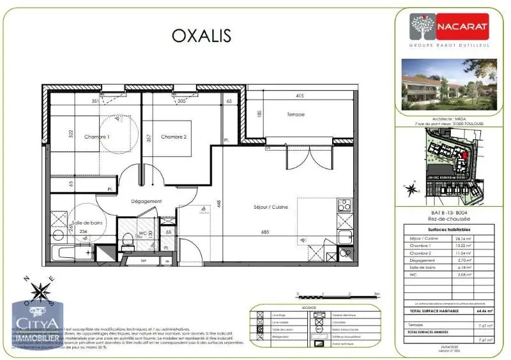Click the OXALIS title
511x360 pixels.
(201, 35)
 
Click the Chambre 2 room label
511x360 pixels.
(174, 137)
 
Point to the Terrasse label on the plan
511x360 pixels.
(295, 114)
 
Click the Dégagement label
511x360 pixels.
(146, 201)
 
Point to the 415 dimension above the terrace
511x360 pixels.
(300, 96)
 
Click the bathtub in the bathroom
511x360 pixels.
(73, 252)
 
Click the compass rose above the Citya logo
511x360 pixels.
(42, 290)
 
